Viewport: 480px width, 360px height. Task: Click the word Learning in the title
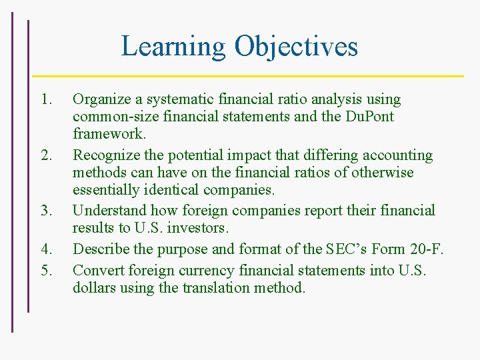pos(173,47)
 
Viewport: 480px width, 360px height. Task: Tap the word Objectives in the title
pos(296,47)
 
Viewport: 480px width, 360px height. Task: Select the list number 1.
pos(45,100)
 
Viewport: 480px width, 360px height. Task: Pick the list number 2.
pos(45,155)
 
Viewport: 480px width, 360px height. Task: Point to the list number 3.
pos(45,211)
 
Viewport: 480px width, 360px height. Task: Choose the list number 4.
pos(45,249)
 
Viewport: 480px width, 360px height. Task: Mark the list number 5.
pos(45,271)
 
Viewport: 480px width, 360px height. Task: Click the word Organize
pos(100,100)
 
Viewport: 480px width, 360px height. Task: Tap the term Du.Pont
pos(369,117)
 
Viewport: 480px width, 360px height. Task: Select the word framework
pos(109,134)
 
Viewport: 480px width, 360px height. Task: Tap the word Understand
pos(107,211)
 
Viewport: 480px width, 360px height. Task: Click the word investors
pos(199,229)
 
